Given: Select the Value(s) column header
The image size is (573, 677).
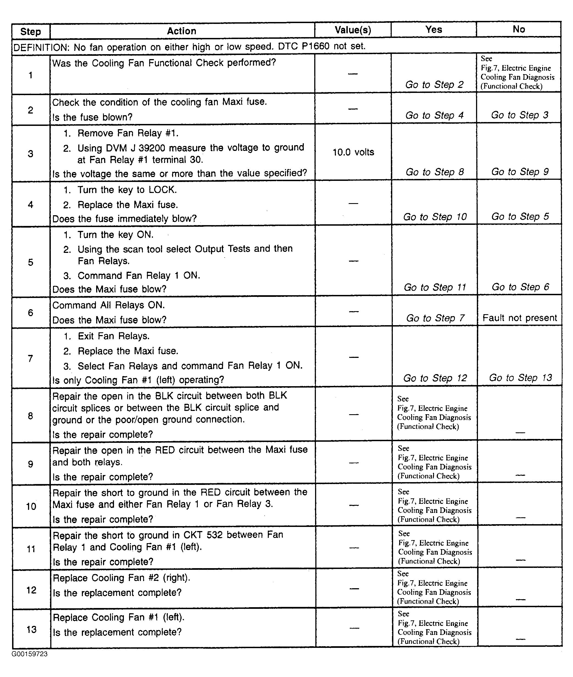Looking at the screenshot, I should [x=353, y=30].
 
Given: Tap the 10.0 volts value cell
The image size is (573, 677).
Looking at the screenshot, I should [x=353, y=152].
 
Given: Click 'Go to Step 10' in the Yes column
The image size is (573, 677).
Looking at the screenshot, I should [x=435, y=217].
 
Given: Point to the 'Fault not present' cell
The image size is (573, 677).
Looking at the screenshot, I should [x=519, y=317].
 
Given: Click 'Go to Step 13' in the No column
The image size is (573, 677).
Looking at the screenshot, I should [x=520, y=378].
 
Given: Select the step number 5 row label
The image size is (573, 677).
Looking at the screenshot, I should [x=30, y=262].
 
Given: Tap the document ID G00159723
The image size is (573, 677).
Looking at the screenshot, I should [x=30, y=654].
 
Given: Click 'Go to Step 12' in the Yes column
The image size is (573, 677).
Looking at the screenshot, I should [x=435, y=378].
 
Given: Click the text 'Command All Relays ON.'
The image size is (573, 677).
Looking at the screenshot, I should [x=109, y=305].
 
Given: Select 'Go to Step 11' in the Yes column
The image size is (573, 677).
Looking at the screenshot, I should [x=435, y=287].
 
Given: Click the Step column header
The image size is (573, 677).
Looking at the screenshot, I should [x=30, y=32].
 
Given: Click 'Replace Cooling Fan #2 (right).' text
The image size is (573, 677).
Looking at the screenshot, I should [x=121, y=578].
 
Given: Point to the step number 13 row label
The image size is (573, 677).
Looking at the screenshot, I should [x=31, y=629].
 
